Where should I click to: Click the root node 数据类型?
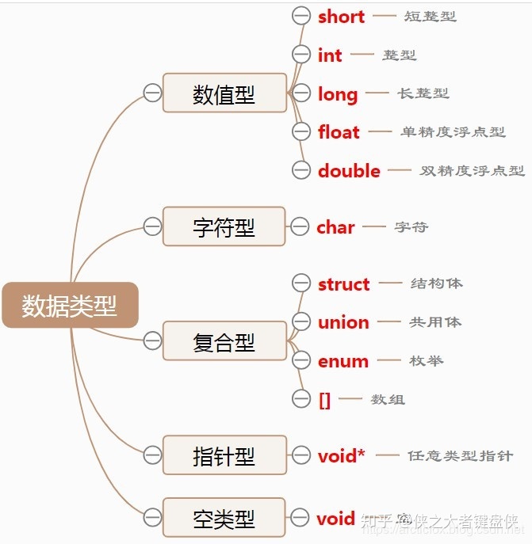pos(70,305)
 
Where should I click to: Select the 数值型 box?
pos(224,93)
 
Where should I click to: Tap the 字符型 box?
pos(224,226)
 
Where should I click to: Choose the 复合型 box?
pos(224,341)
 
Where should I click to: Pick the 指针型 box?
pos(224,455)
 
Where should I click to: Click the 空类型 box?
pos(224,519)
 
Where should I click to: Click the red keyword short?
pos(341,17)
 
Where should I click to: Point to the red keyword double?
pos(349,170)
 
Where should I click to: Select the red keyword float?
pos(339,132)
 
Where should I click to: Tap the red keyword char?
pos(335,227)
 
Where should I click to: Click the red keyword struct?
pos(343,284)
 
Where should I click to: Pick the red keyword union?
pos(343,322)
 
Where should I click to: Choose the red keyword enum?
pos(343,361)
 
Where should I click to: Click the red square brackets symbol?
pos(324,400)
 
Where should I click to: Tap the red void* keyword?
pos(342,456)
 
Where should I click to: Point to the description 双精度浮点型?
pos(473,170)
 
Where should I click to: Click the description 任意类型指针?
pos(460,456)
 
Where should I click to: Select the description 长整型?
pos(423,93)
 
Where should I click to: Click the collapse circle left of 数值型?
pos(152,93)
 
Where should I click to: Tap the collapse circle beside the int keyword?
pos(301,55)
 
